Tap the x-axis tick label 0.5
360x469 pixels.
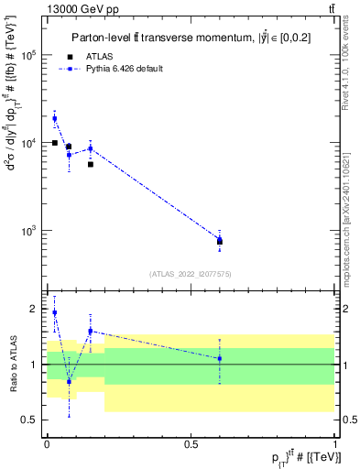[191, 443]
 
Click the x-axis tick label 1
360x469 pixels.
[335, 443]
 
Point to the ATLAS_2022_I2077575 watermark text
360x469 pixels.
[191, 273]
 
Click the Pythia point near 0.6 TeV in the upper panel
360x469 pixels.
[220, 239]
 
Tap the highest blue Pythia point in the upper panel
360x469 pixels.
[54, 118]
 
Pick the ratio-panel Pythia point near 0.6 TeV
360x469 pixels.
[220, 358]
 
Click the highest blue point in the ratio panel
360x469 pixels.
[54, 312]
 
